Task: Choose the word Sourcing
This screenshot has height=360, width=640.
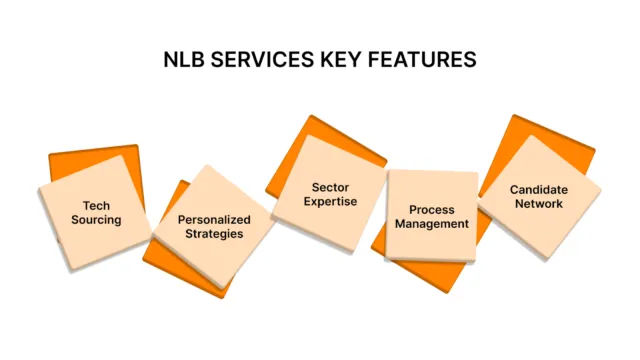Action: (x=97, y=219)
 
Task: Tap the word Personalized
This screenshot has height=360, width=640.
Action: (x=214, y=219)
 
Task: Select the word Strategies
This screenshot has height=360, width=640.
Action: (x=214, y=235)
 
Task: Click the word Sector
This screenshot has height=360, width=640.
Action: (x=329, y=187)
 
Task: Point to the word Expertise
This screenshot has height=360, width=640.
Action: (x=329, y=203)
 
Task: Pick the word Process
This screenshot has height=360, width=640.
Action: (x=431, y=209)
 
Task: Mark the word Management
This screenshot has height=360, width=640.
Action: (x=431, y=225)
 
